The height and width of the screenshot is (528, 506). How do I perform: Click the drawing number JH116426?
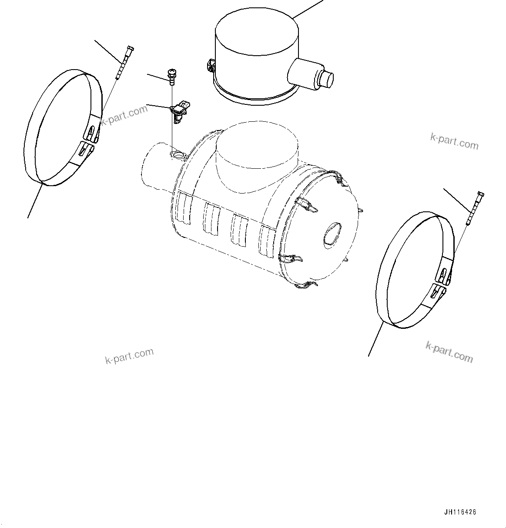click(460, 512)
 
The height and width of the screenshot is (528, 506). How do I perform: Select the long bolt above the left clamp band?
click(124, 63)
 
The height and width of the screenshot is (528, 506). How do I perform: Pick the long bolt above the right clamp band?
click(475, 208)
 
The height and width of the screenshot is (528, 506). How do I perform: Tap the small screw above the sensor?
click(171, 76)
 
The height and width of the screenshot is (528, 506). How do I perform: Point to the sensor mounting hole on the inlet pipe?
click(178, 155)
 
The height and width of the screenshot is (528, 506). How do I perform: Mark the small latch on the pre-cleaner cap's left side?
click(211, 65)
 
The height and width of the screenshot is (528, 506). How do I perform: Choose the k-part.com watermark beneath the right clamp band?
click(449, 351)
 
